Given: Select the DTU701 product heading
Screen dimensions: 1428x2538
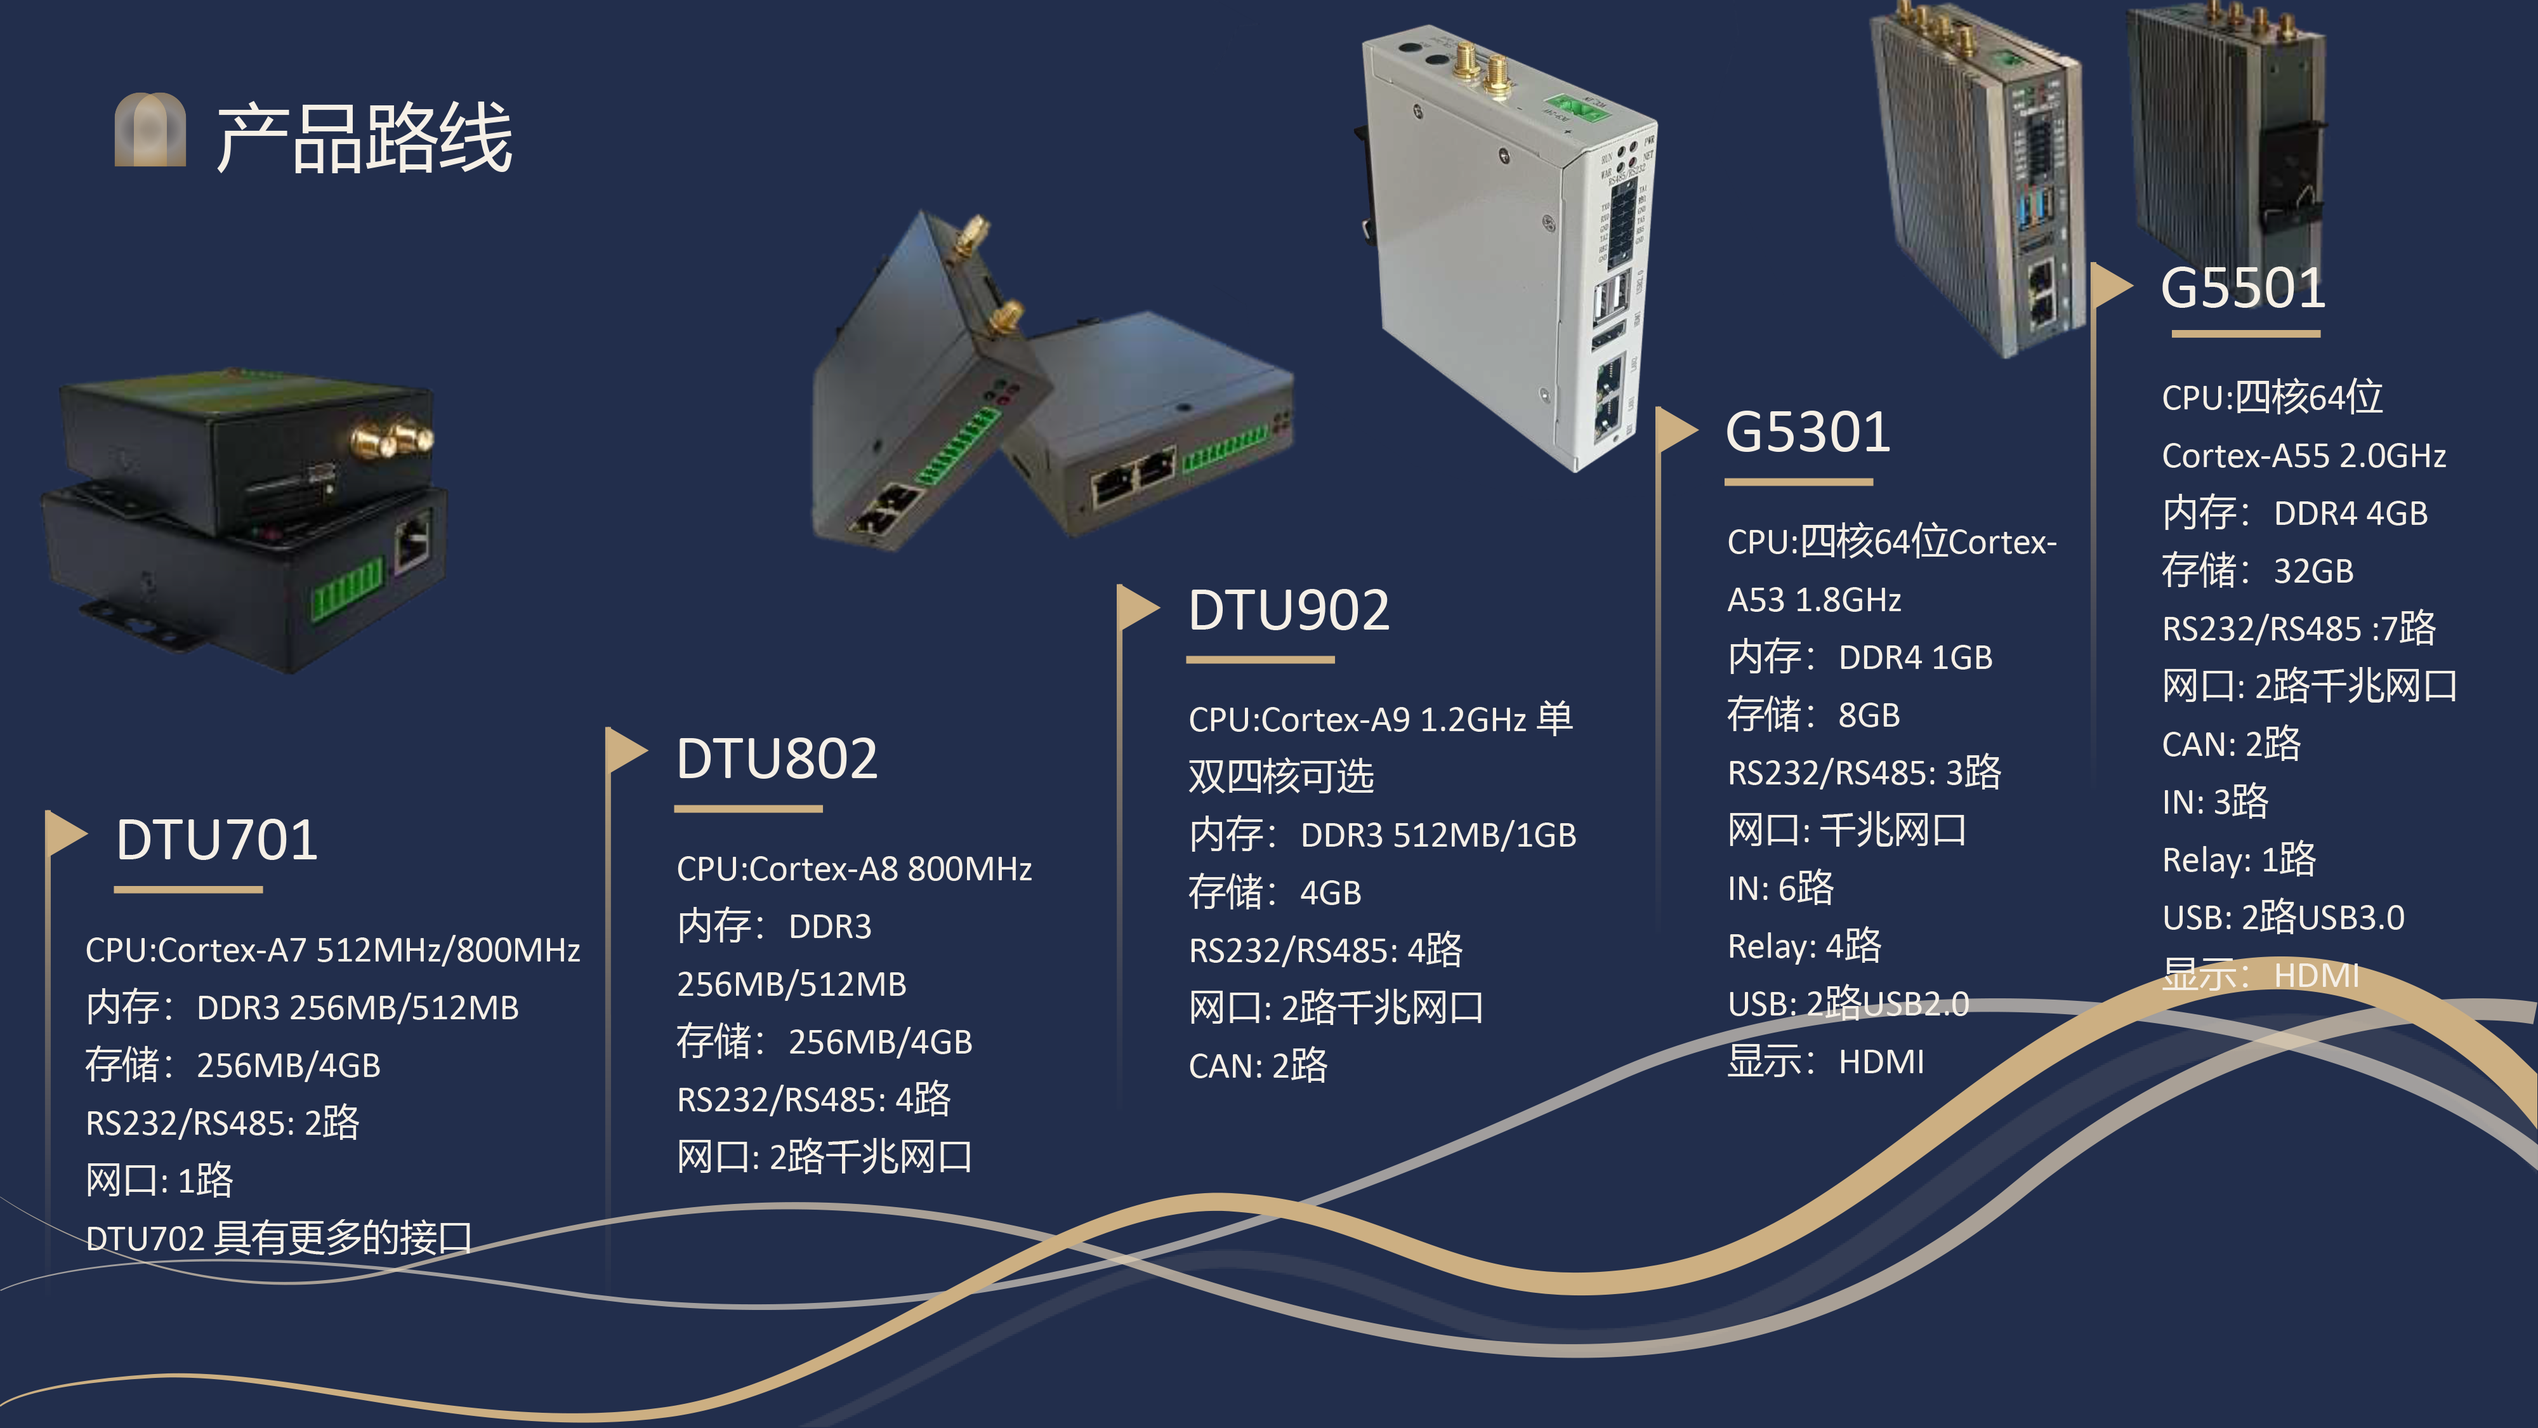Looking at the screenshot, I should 217,841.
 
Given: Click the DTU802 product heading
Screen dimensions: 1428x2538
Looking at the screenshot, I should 777,759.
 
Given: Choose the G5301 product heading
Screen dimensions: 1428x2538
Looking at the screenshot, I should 1808,433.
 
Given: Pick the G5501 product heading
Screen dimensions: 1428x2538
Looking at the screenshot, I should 2242,289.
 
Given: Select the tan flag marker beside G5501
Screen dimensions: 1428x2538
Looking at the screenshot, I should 2110,286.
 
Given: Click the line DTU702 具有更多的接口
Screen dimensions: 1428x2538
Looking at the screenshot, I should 279,1238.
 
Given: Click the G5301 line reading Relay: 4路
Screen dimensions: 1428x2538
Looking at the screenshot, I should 1804,946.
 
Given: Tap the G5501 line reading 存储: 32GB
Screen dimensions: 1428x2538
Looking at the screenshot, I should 2257,571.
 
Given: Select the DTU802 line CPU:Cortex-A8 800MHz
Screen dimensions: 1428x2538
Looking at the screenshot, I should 853,869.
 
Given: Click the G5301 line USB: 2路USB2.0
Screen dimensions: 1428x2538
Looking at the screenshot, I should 1847,1004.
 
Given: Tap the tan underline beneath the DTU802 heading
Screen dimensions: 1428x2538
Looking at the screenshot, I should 748,809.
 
